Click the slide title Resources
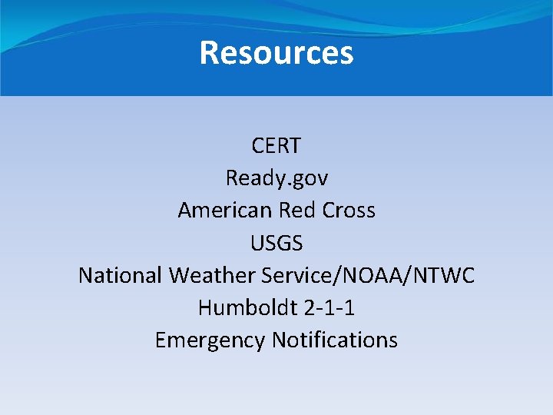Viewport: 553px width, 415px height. pyautogui.click(x=276, y=53)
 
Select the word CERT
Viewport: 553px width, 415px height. pyautogui.click(x=276, y=145)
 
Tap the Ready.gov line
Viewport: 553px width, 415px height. pyautogui.click(x=276, y=178)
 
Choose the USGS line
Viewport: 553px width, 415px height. pyautogui.click(x=276, y=244)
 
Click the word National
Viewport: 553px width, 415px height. pyautogui.click(x=121, y=275)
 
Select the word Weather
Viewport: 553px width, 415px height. pyautogui.click(x=213, y=275)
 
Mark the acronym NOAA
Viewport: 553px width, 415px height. pyautogui.click(x=364, y=275)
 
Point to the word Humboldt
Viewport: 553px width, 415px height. pyautogui.click(x=240, y=307)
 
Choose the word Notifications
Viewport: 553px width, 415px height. pyautogui.click(x=336, y=340)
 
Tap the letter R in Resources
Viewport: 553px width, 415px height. pyautogui.click(x=209, y=53)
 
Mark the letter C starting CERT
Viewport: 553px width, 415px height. pyautogui.click(x=257, y=145)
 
